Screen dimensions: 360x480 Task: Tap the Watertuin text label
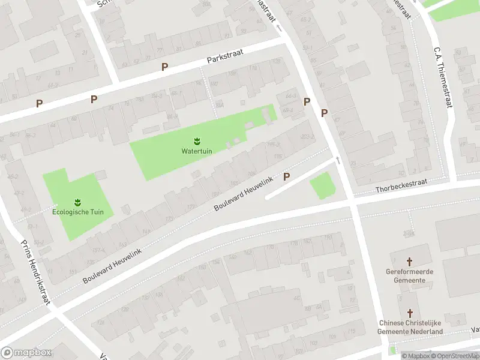[x=197, y=151]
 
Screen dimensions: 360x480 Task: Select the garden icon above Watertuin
[x=197, y=141]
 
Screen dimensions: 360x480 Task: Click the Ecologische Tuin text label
[x=78, y=212]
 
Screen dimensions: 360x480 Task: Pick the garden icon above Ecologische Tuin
[x=78, y=202]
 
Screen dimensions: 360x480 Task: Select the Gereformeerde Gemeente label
[x=410, y=275]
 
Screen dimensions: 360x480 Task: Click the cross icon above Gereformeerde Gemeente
[x=410, y=262]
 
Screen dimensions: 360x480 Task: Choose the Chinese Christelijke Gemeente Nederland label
[x=410, y=328]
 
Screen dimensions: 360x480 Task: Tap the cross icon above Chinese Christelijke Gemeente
[x=410, y=314]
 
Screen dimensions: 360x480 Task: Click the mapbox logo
[x=26, y=353]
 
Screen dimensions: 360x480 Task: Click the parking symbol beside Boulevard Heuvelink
[x=287, y=177]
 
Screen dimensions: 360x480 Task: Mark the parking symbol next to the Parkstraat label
[x=164, y=67]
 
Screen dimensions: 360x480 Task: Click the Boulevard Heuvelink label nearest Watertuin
[x=244, y=194]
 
